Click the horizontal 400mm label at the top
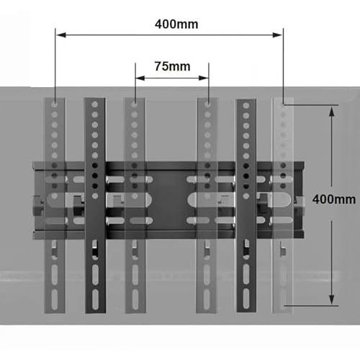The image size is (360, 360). pyautogui.click(x=176, y=24)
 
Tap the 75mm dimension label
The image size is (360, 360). pyautogui.click(x=172, y=66)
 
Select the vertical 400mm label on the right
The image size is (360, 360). pyautogui.click(x=334, y=199)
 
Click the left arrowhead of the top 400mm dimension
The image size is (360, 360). pyautogui.click(x=61, y=35)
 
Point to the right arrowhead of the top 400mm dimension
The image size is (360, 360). pyautogui.click(x=277, y=35)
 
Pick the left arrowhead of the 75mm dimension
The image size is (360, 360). pyautogui.click(x=140, y=78)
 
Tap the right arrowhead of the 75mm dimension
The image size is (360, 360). pyautogui.click(x=204, y=78)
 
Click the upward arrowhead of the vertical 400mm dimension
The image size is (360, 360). pyautogui.click(x=332, y=112)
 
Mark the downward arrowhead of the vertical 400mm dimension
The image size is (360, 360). pyautogui.click(x=332, y=300)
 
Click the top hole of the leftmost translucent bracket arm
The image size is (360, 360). pyautogui.click(x=55, y=104)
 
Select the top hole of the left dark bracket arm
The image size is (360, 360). pyautogui.click(x=95, y=104)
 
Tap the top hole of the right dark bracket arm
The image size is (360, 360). pyautogui.click(x=246, y=106)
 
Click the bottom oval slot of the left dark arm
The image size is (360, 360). pyautogui.click(x=95, y=300)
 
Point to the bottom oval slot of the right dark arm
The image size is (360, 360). pyautogui.click(x=246, y=299)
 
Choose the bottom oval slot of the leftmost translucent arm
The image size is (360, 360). pyautogui.click(x=55, y=300)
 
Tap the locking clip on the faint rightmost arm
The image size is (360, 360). pyautogui.click(x=283, y=250)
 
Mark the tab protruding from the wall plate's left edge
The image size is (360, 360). pyautogui.click(x=37, y=204)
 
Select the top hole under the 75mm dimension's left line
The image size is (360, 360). pyautogui.click(x=135, y=104)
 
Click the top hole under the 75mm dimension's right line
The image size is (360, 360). pyautogui.click(x=207, y=104)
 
